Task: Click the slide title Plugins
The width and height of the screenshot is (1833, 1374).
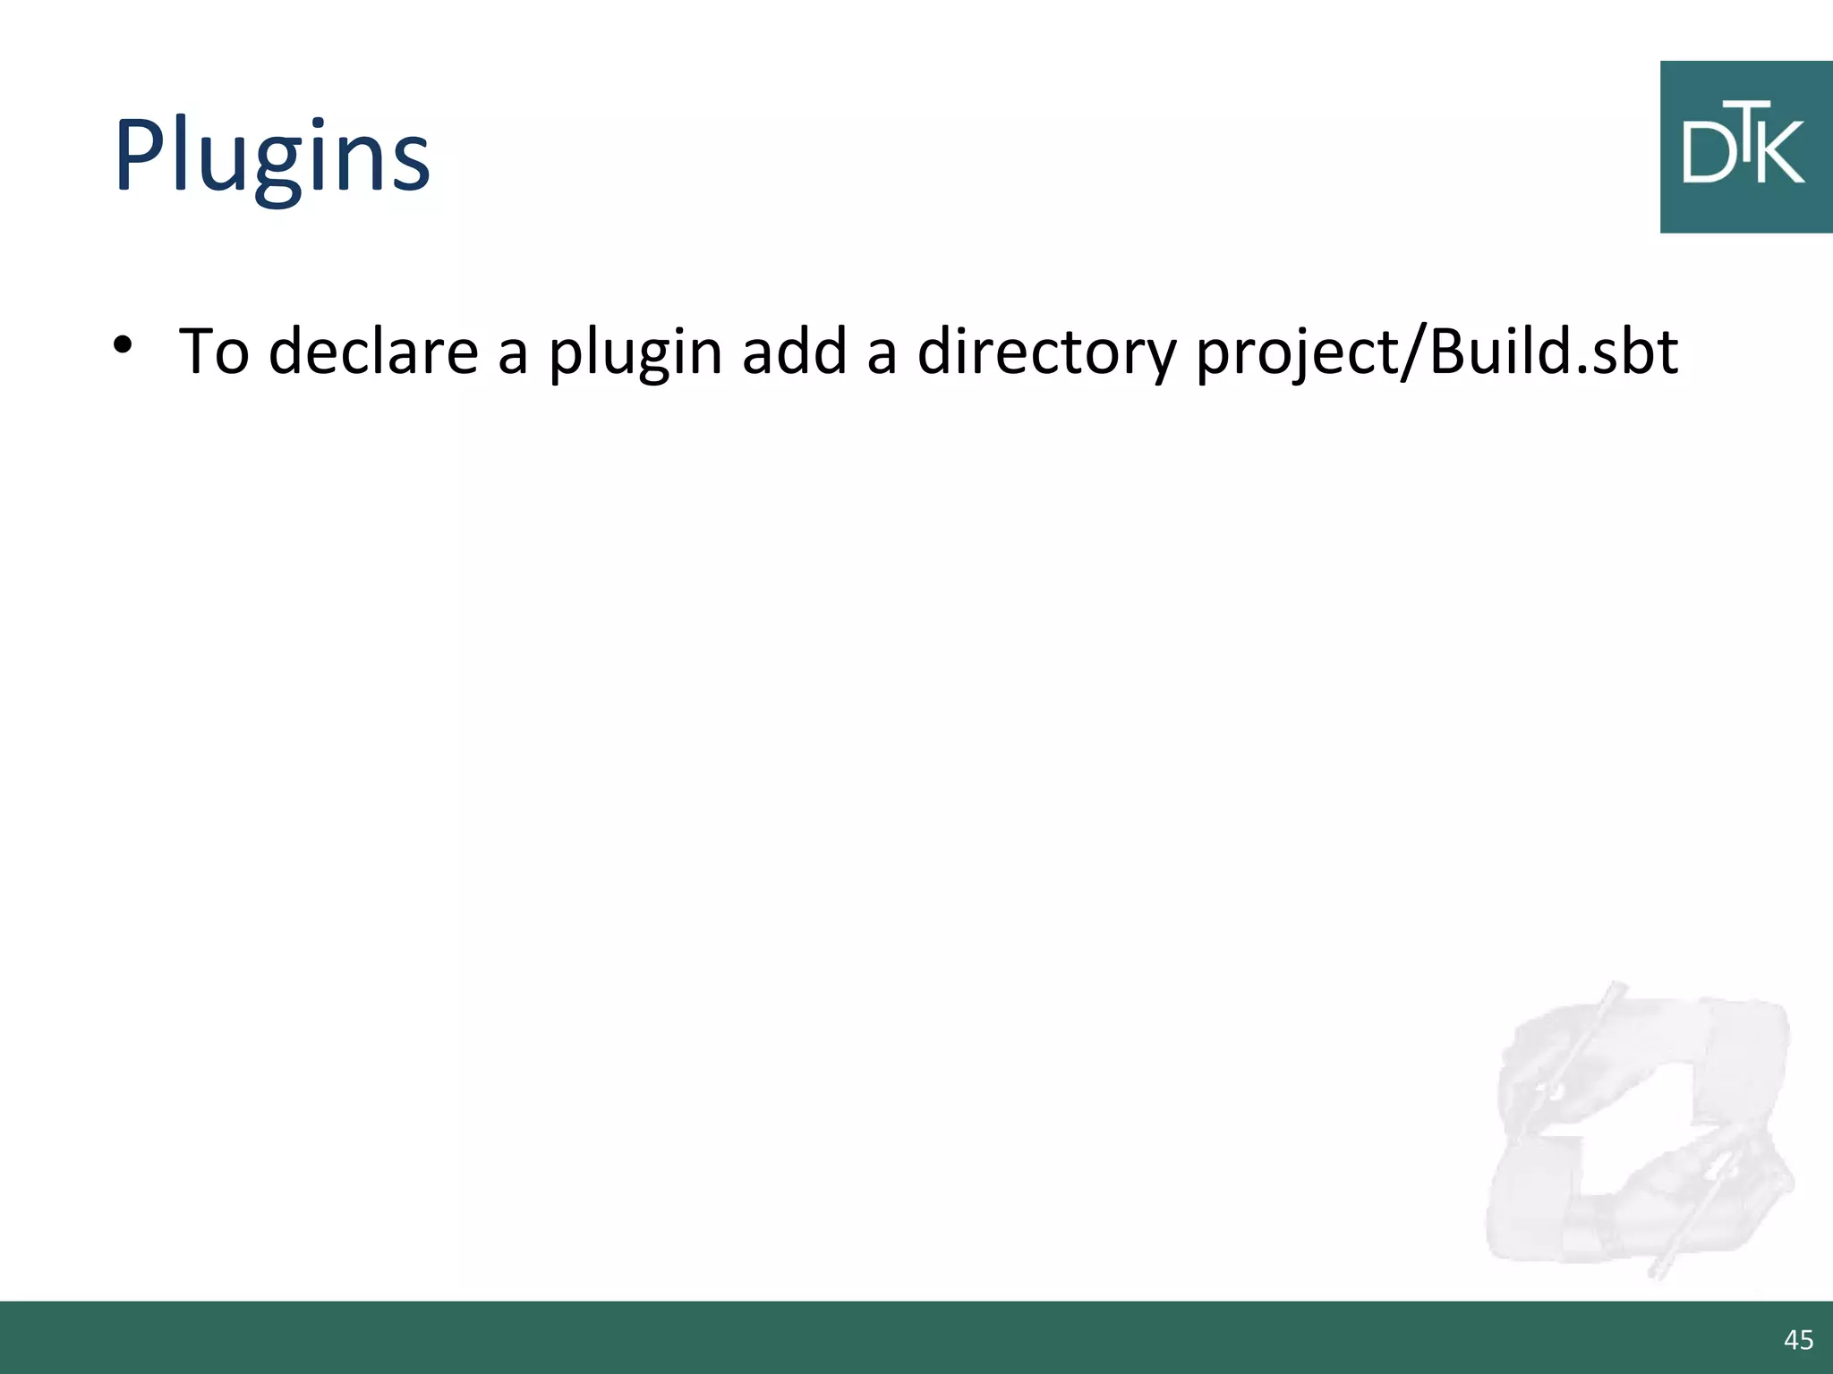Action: coord(271,157)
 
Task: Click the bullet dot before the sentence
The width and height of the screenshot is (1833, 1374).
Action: coord(124,345)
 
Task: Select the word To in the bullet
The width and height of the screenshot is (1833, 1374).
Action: coord(214,352)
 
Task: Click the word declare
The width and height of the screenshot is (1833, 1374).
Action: coord(373,352)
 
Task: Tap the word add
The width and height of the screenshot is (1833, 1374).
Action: coord(794,352)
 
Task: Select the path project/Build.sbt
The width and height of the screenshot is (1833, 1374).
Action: coord(1437,352)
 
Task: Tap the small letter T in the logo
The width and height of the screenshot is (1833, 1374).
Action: coord(1747,117)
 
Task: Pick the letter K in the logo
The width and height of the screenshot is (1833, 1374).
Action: coord(1781,153)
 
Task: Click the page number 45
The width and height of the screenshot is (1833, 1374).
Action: coord(1798,1339)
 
